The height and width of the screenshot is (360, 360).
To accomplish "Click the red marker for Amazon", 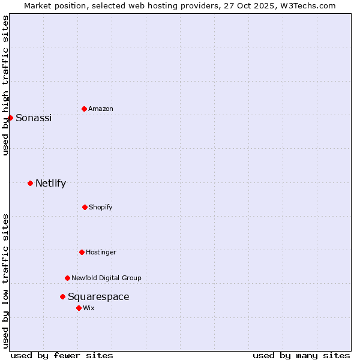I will [x=84, y=109].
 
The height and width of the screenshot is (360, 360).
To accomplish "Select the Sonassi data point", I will [x=10, y=118].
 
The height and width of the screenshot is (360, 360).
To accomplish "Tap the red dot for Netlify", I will [x=30, y=183].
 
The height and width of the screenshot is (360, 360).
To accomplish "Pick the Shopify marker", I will [x=85, y=207].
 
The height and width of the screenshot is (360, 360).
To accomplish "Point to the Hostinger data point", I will [x=82, y=252].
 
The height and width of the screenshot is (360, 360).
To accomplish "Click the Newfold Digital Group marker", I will [x=67, y=278].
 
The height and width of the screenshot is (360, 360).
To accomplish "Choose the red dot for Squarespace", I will [x=62, y=296].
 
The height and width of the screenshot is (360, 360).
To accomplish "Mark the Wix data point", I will [x=79, y=308].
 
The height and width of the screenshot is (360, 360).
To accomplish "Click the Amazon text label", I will [x=101, y=109].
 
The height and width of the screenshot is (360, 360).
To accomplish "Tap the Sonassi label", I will [x=34, y=118].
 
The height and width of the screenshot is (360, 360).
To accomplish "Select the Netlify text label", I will [x=50, y=183].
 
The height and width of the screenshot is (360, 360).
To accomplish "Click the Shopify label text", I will [x=101, y=207].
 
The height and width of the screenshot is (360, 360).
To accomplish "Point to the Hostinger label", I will [x=101, y=252].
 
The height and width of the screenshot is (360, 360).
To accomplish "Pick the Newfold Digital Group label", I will [x=106, y=278].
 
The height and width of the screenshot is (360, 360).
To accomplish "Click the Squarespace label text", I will [x=98, y=296].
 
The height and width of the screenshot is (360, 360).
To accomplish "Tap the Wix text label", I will [x=89, y=308].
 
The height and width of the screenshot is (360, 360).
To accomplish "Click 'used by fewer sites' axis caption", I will [x=62, y=355].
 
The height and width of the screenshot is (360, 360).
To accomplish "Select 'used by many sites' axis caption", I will [x=301, y=355].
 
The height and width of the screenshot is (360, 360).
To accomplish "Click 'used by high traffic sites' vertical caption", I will [x=5, y=85].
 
